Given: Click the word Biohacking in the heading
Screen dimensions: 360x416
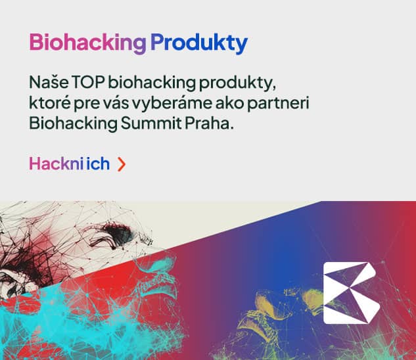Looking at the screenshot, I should pyautogui.click(x=87, y=43).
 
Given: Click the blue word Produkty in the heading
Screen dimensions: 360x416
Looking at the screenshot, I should pyautogui.click(x=198, y=43).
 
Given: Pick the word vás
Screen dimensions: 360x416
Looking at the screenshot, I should pyautogui.click(x=106, y=104).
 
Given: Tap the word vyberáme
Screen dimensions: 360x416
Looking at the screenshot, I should pyautogui.click(x=155, y=104).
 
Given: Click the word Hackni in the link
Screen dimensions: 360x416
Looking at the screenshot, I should pyautogui.click(x=56, y=164).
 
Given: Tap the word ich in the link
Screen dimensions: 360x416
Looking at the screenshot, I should pyautogui.click(x=98, y=164).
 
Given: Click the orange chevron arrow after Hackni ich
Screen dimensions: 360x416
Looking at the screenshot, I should pyautogui.click(x=121, y=164).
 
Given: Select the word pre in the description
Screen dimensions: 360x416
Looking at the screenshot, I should pyautogui.click(x=80, y=105).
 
